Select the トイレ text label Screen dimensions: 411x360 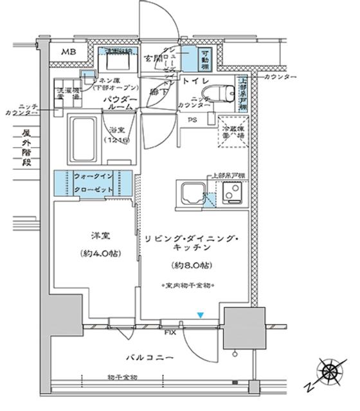pyautogui.click(x=193, y=82)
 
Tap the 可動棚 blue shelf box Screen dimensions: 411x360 pyautogui.click(x=203, y=59)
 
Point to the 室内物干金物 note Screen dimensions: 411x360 pyautogui.click(x=189, y=284)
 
